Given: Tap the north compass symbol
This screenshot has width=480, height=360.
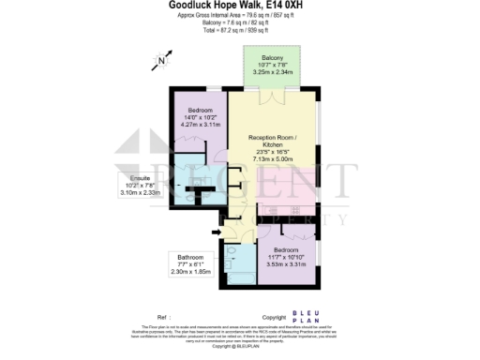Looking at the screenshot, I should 161,62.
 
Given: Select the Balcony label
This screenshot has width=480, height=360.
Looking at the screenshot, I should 274,57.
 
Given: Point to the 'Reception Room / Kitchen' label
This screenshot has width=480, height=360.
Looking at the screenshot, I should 273,142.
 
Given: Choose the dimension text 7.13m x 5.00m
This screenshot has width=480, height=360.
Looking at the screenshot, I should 273,159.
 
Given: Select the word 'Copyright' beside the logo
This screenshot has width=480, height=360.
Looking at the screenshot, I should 274,317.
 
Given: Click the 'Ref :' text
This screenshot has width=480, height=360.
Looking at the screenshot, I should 163,317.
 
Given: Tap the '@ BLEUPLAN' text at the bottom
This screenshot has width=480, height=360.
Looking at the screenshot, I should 239,347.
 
